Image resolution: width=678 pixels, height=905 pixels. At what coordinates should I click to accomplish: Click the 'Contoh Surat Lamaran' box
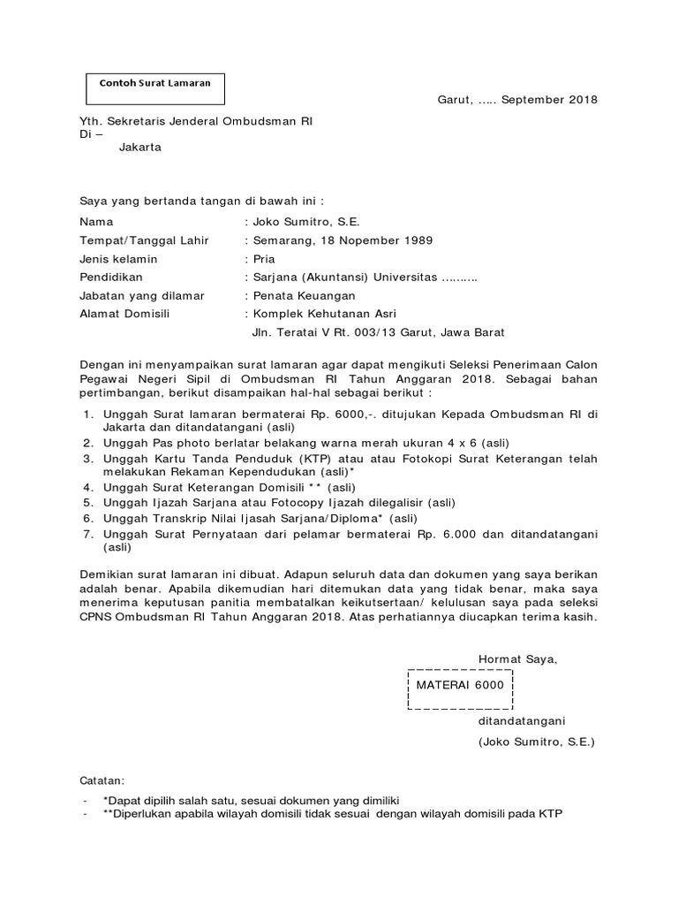[x=154, y=86]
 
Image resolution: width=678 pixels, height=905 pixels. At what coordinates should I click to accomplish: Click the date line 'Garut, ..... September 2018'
[x=517, y=99]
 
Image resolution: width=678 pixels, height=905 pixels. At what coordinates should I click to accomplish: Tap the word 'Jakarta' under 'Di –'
[x=139, y=148]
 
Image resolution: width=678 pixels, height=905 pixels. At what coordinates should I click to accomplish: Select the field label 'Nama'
[x=96, y=222]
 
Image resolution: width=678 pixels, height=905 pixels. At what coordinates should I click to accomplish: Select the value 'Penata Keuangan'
[x=304, y=296]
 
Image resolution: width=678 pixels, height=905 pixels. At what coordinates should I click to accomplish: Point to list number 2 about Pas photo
[x=88, y=442]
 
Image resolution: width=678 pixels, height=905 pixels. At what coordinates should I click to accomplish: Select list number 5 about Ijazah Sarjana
[x=88, y=502]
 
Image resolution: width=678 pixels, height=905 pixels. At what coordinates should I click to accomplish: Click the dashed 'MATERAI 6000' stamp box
[x=460, y=685]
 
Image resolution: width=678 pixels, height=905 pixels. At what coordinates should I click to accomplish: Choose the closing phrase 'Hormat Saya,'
[x=518, y=658]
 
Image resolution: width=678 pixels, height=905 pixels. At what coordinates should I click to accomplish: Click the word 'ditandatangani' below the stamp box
[x=522, y=720]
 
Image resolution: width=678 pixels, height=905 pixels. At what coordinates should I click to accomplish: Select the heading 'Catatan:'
[x=102, y=781]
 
